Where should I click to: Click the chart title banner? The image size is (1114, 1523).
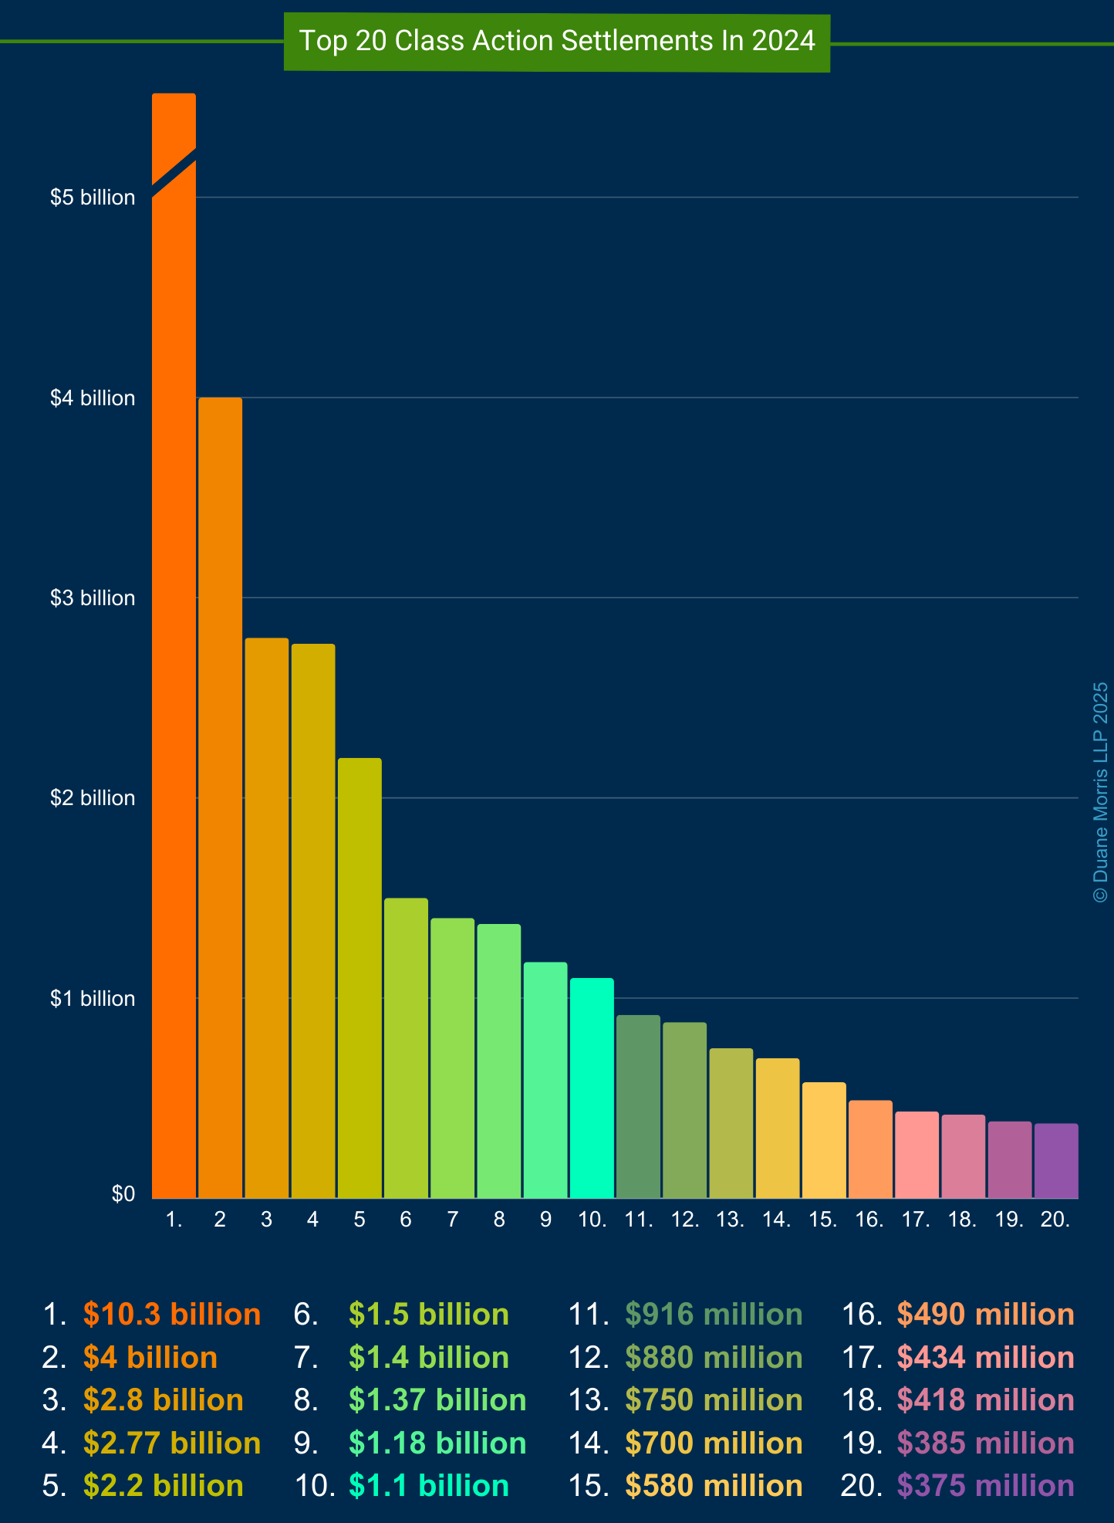coord(556,42)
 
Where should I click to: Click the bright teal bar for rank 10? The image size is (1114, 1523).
coord(592,1088)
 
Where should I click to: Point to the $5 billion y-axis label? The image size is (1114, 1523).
coord(93,198)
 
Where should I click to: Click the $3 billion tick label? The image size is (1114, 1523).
coord(93,598)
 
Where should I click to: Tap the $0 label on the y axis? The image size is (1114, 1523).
coord(123,1194)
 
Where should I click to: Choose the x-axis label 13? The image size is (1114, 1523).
coord(731,1220)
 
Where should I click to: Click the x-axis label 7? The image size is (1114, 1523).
coord(453,1220)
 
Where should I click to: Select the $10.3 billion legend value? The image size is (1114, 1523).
coord(172,1315)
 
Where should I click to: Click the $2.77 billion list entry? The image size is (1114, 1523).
coord(172,1443)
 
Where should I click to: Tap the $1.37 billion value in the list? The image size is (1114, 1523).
coord(437,1400)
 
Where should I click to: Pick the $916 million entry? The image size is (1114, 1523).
coord(714,1315)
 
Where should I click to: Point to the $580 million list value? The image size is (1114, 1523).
coord(714,1486)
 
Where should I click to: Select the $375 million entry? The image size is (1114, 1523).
coord(985,1486)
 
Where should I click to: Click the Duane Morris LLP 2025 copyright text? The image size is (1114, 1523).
coord(1101,792)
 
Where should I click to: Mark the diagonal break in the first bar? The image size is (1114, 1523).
coord(174,172)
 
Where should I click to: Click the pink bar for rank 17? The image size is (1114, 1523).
coord(917,1155)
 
